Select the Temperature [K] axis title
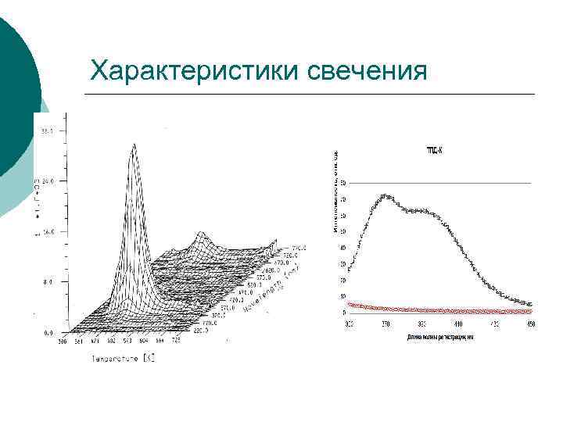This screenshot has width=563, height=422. [124, 359]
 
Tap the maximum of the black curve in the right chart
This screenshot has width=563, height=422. [385, 196]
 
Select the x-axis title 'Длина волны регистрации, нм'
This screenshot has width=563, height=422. [440, 337]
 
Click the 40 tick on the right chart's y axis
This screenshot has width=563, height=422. [342, 248]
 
